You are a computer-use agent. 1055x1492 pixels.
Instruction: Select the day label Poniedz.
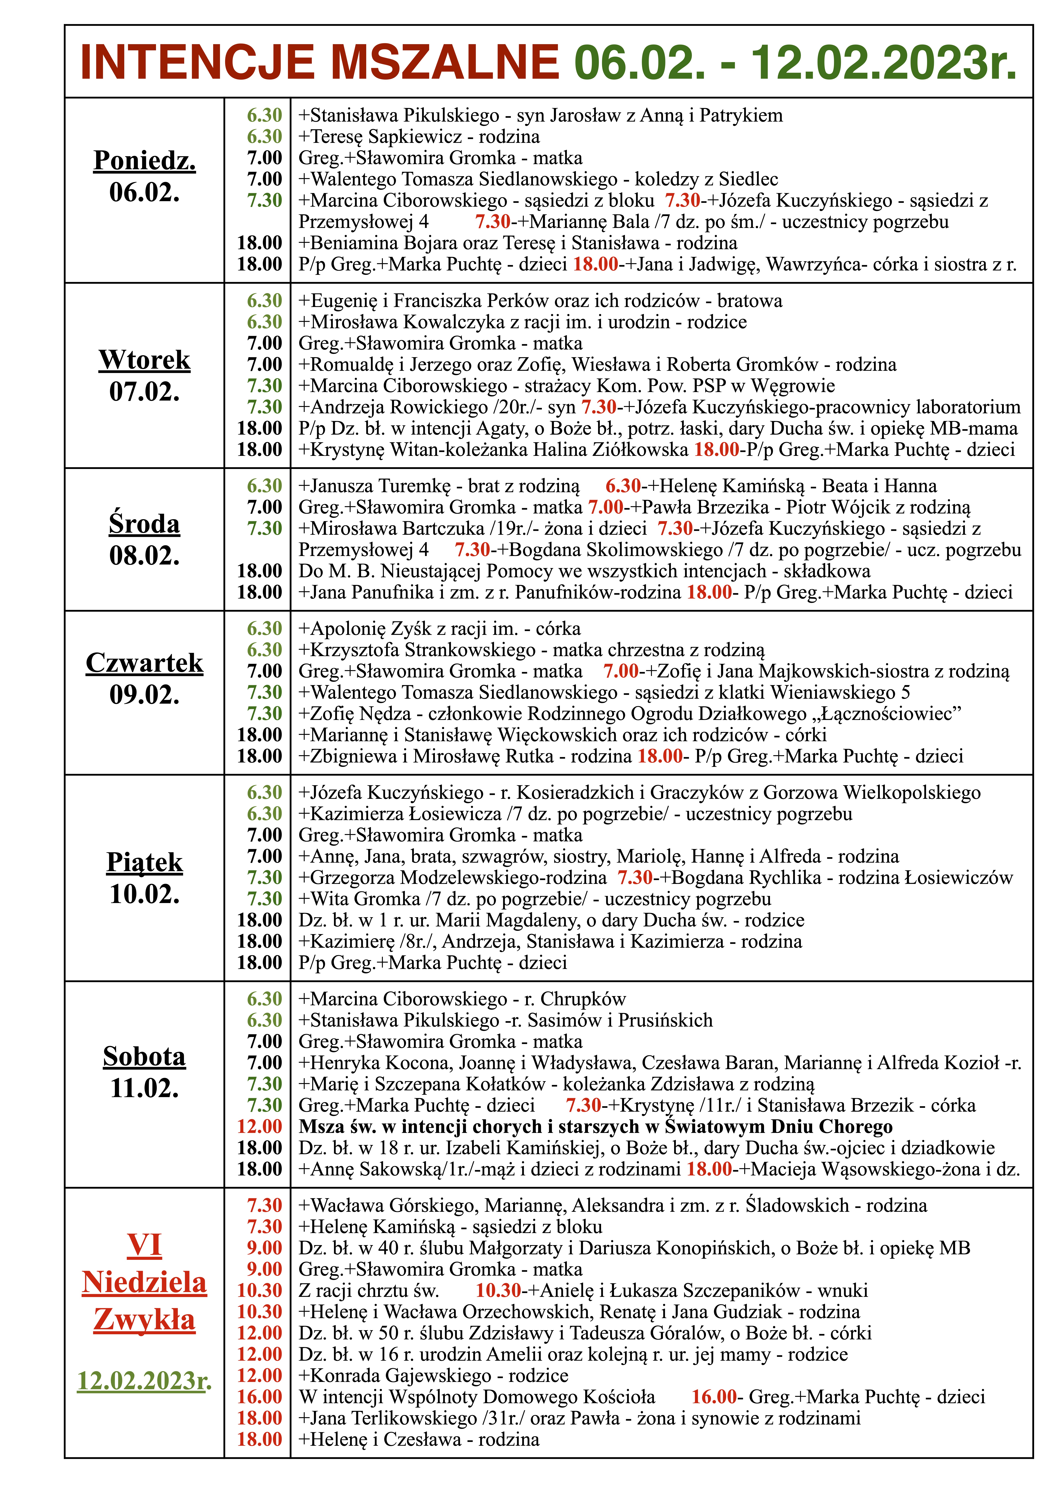(144, 160)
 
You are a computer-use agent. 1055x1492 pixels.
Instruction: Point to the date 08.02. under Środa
(144, 556)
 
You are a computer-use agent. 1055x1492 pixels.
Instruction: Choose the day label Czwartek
(144, 663)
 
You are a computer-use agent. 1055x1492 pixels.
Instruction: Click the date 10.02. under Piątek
(144, 894)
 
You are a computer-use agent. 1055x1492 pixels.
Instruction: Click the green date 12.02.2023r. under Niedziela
(144, 1380)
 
